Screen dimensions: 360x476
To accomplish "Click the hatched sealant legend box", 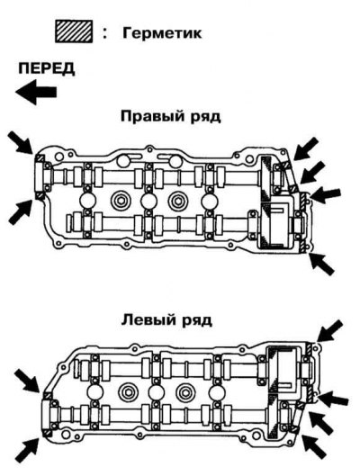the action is [x=74, y=31].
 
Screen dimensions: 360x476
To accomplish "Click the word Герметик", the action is [x=162, y=32].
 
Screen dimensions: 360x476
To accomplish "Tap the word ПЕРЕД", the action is [x=47, y=68].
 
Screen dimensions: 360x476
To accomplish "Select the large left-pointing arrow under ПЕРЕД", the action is [x=36, y=92].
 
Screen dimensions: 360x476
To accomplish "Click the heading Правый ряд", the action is [x=171, y=117].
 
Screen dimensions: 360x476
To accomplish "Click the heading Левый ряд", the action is [x=166, y=320].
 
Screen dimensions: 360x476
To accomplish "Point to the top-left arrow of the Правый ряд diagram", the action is [x=21, y=142].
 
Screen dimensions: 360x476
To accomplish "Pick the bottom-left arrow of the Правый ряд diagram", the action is [x=21, y=212].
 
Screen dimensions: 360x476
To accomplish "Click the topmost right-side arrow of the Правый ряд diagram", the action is [x=306, y=148].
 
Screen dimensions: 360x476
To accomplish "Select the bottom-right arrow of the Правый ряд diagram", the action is [x=321, y=264].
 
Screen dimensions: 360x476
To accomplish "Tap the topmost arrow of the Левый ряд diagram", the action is [x=330, y=331].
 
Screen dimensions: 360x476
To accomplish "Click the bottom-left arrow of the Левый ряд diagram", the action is [x=27, y=450].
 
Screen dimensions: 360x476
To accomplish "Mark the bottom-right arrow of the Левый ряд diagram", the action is [x=315, y=447].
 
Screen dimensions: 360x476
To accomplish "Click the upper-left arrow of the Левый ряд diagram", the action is [x=28, y=381].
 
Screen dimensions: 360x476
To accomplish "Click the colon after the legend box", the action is [x=105, y=32].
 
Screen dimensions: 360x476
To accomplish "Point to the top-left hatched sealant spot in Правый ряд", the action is [x=40, y=158].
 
